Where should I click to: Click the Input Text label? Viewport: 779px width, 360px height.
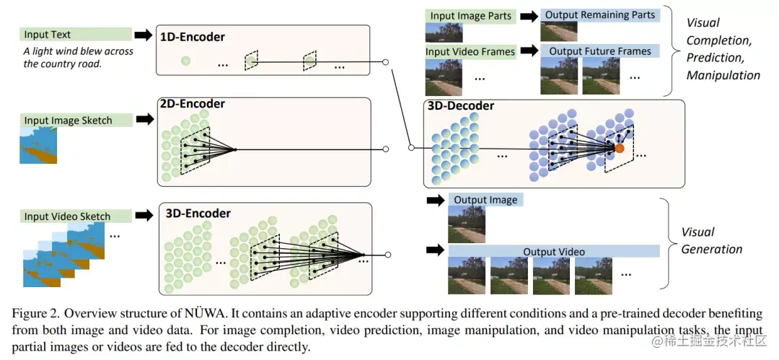(x=47, y=35)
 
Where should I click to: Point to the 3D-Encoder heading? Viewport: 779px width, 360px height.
(x=198, y=214)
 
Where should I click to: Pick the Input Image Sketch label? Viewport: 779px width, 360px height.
(x=68, y=120)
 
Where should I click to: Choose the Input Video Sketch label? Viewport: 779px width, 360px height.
(x=67, y=216)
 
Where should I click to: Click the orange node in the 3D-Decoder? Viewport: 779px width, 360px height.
(x=619, y=149)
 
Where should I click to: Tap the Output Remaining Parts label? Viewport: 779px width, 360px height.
(x=600, y=15)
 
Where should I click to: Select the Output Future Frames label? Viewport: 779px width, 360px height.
(x=600, y=51)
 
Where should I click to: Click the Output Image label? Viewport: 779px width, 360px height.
(x=485, y=200)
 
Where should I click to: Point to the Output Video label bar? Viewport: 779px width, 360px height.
(x=554, y=252)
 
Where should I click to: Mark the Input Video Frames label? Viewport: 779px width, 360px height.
(x=470, y=52)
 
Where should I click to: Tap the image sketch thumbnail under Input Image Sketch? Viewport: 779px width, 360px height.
(x=38, y=146)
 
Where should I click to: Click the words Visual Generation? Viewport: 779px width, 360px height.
(x=710, y=241)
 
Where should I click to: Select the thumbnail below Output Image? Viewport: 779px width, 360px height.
(x=466, y=224)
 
